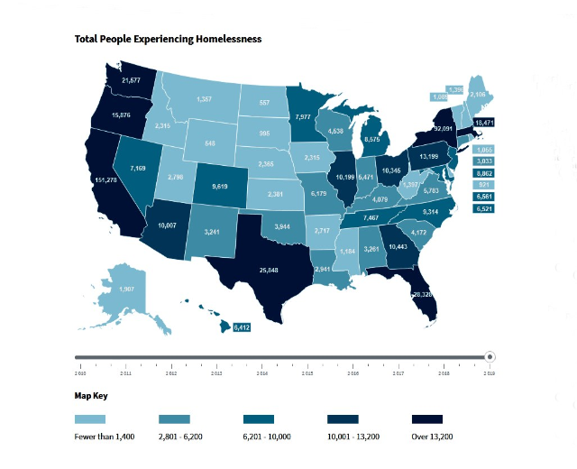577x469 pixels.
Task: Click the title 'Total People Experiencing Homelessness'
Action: (x=168, y=40)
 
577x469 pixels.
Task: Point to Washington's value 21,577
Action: (x=130, y=80)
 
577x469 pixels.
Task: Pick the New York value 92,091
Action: (x=443, y=129)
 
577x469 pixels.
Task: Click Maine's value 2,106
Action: (x=478, y=94)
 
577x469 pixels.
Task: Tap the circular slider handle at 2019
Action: (x=490, y=357)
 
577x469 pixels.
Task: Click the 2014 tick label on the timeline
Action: (x=261, y=372)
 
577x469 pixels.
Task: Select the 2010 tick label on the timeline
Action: (x=79, y=372)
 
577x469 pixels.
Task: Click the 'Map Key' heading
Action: (x=92, y=396)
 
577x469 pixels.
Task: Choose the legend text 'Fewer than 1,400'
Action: (x=105, y=437)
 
